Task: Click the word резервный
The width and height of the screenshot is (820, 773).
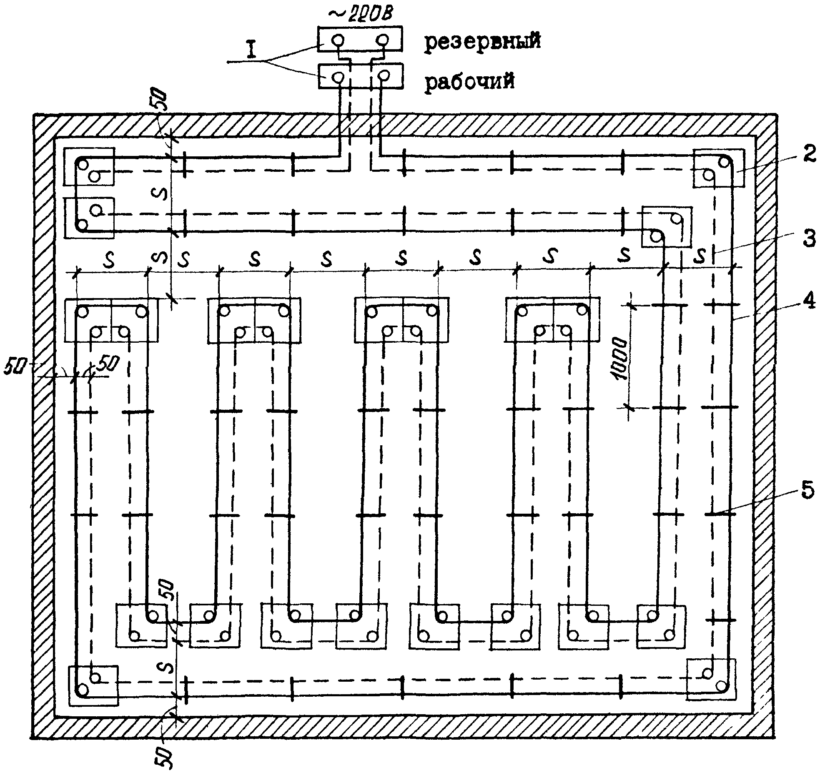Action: (483, 43)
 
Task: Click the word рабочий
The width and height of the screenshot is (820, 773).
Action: (469, 81)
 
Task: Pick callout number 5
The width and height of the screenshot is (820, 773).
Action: (807, 490)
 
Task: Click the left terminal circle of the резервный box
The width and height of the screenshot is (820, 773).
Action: (338, 40)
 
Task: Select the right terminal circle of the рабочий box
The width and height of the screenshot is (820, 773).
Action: (383, 76)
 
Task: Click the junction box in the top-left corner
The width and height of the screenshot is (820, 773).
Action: (89, 167)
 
